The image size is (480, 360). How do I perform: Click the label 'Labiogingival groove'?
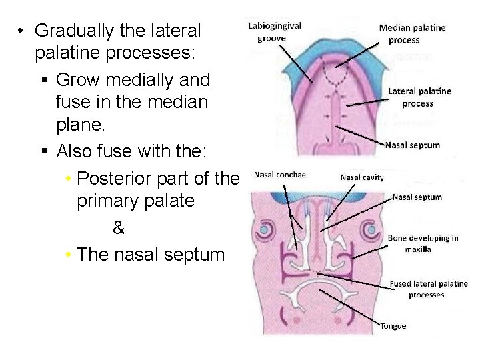coord(275,32)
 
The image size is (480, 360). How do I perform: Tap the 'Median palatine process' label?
coord(412,33)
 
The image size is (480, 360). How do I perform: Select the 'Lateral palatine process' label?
coord(419,97)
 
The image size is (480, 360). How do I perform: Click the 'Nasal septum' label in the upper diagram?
coord(412,145)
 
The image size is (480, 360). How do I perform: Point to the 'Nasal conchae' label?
coord(279,175)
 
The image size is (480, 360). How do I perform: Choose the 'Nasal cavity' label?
coord(362,177)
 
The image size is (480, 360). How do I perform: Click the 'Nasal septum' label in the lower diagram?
coord(417,197)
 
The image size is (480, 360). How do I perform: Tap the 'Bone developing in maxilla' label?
coord(423,243)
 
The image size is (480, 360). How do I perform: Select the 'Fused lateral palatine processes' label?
coord(428,289)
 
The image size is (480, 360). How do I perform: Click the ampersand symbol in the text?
coord(119,229)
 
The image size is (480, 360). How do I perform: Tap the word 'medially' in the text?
coord(137,80)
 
